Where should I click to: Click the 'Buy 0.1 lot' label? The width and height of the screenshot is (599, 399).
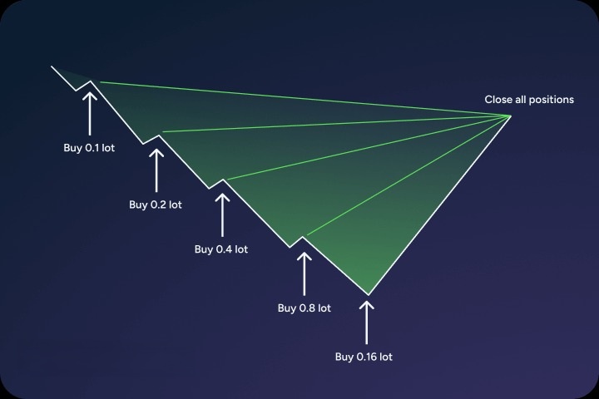[89, 148]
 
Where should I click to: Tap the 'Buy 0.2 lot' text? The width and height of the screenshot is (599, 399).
[156, 204]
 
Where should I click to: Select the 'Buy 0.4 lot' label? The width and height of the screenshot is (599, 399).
[221, 249]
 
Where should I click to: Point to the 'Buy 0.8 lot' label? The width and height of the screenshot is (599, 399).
[304, 308]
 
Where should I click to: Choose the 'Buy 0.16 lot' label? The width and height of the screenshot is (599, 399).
[364, 357]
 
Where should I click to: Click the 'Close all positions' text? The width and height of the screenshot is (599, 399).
[529, 100]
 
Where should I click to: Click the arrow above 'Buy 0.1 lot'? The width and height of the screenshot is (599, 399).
[90, 113]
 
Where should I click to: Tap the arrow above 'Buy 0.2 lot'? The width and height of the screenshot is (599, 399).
[156, 170]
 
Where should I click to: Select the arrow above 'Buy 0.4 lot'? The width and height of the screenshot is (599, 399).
[222, 215]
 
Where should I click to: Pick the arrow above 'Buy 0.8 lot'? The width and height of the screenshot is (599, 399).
[304, 273]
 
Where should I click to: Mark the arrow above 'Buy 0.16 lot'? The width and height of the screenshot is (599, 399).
[367, 323]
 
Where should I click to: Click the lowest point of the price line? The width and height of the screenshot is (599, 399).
[369, 295]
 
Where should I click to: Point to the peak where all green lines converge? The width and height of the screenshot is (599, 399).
[510, 116]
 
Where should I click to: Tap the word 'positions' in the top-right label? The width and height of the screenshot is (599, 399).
[552, 100]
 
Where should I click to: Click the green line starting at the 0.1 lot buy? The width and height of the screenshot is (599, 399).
[305, 99]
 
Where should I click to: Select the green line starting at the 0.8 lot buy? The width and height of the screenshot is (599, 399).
[408, 175]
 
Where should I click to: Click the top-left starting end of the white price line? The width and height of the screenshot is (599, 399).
[52, 66]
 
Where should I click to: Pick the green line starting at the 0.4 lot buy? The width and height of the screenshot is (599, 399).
[369, 147]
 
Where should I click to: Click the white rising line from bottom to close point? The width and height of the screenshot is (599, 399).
[439, 205]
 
